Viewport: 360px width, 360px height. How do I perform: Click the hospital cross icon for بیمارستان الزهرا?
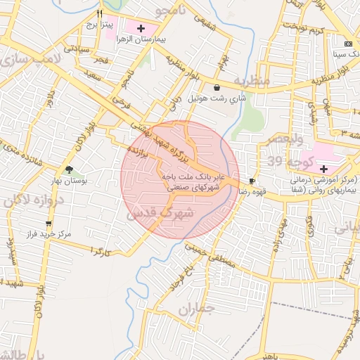click(x=141, y=29)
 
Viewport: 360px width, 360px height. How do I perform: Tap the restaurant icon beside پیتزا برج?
click(x=100, y=13)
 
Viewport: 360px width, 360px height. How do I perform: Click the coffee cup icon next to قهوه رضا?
click(x=252, y=181)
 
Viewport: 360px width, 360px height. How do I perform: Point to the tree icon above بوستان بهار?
click(x=69, y=169)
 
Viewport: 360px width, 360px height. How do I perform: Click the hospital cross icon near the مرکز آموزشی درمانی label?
click(x=323, y=169)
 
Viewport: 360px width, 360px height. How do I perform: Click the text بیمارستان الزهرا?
click(x=161, y=40)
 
